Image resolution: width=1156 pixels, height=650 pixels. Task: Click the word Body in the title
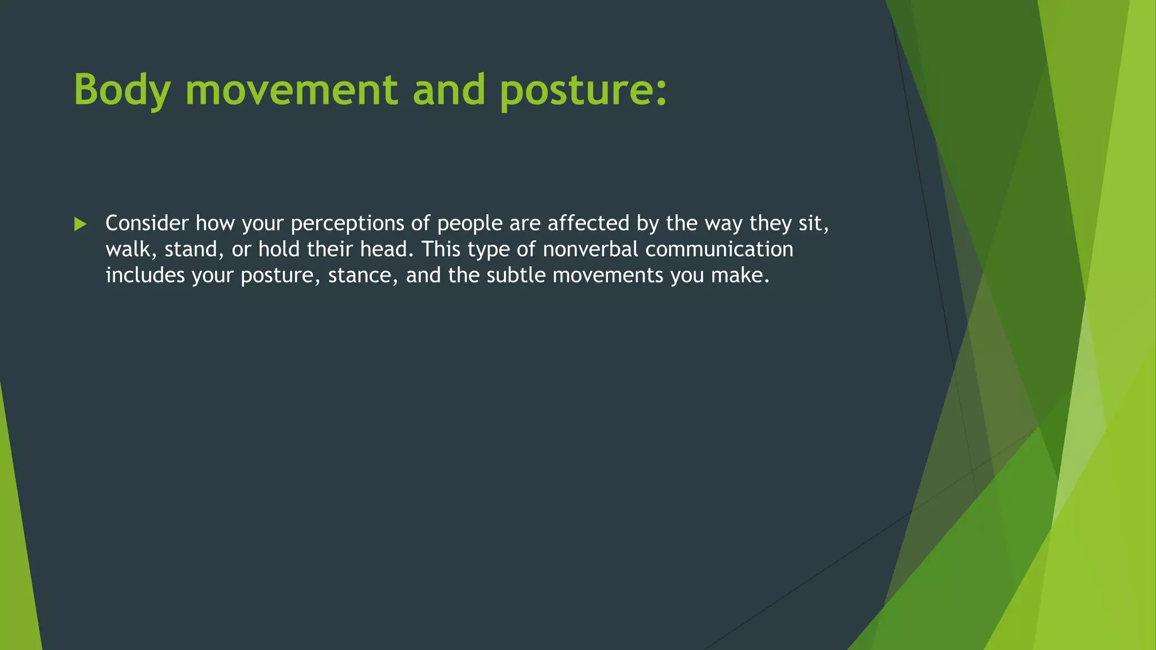(122, 90)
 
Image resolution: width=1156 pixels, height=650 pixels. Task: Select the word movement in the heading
(291, 90)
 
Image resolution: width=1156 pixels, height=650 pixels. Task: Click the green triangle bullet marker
(80, 225)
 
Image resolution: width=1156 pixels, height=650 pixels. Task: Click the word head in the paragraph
(386, 249)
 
